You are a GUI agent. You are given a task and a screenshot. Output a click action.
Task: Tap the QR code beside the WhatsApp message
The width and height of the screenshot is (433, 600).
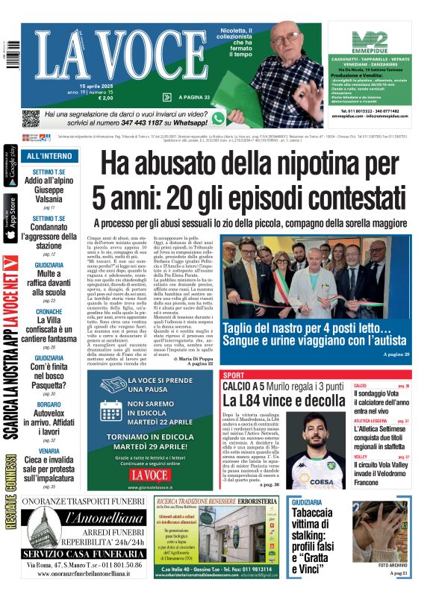click(31, 119)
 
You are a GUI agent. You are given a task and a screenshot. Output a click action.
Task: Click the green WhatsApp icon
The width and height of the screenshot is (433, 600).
click(218, 118)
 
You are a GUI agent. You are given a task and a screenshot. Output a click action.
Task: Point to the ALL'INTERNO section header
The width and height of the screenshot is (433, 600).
click(49, 156)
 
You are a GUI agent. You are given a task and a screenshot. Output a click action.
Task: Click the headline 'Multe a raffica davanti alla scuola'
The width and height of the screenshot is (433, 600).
click(49, 283)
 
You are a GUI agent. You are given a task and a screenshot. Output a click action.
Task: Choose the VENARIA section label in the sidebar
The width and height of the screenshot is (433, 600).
click(49, 451)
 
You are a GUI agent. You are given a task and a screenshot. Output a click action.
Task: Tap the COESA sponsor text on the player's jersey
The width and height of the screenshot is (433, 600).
click(323, 481)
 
